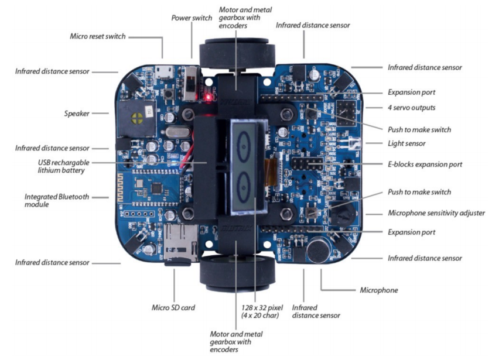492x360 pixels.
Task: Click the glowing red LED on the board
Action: pyautogui.click(x=207, y=97)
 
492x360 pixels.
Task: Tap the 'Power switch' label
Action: pyautogui.click(x=192, y=18)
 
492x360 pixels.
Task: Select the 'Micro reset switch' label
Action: pyautogui.click(x=98, y=36)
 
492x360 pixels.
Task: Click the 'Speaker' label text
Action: pyautogui.click(x=77, y=114)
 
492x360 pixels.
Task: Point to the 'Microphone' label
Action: pyautogui.click(x=379, y=290)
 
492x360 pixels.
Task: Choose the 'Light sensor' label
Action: pyautogui.click(x=406, y=143)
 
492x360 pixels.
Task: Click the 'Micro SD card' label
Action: pyautogui.click(x=173, y=308)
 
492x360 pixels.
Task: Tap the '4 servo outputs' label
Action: pyautogui.click(x=411, y=108)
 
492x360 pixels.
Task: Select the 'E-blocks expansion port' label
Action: pyautogui.click(x=425, y=164)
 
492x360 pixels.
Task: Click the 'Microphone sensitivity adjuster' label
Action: pyautogui.click(x=436, y=213)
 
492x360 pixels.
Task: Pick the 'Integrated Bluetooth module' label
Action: pyautogui.click(x=56, y=201)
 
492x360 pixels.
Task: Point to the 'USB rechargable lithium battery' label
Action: pyautogui.click(x=63, y=166)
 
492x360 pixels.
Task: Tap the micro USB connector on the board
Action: pyautogui.click(x=164, y=72)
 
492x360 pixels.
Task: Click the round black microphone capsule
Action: pyautogui.click(x=318, y=249)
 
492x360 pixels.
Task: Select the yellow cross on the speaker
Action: pyautogui.click(x=138, y=118)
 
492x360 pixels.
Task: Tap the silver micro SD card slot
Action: pyautogui.click(x=181, y=243)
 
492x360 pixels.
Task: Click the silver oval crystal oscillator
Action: pyautogui.click(x=177, y=132)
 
